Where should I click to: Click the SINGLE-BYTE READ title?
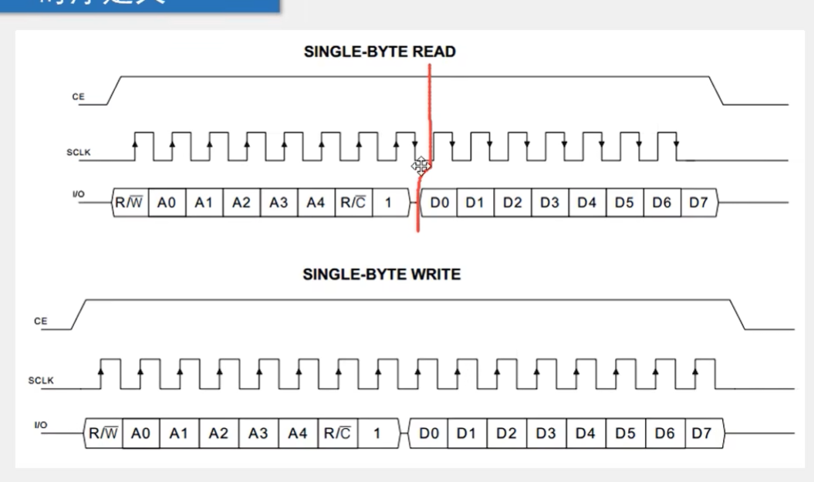point(380,52)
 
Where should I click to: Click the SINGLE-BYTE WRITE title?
point(381,275)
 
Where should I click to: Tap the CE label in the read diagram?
point(78,97)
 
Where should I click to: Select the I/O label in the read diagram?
point(78,194)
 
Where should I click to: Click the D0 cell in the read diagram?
point(440,203)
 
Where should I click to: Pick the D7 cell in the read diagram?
point(697,203)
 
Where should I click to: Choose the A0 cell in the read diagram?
point(167,203)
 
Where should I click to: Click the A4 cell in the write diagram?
point(298,433)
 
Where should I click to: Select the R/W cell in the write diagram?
point(103,433)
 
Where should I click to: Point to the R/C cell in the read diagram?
point(353,203)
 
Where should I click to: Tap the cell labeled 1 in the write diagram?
point(377,433)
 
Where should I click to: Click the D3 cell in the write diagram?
point(545,433)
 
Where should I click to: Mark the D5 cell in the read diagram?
point(624,203)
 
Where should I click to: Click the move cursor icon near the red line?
point(420,165)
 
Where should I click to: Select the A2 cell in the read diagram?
point(241,203)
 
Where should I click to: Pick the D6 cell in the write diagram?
point(664,433)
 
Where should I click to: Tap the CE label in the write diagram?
point(41,321)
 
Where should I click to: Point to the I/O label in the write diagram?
point(41,426)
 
